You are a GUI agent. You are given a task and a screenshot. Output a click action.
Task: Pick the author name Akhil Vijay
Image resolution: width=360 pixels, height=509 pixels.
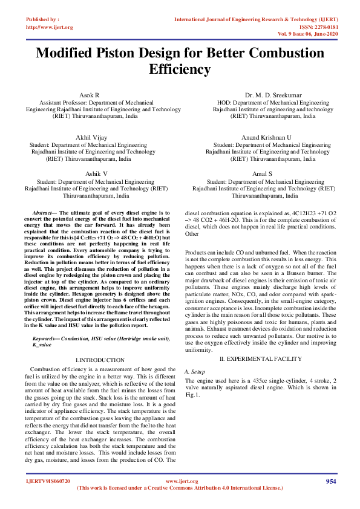coord(91,138)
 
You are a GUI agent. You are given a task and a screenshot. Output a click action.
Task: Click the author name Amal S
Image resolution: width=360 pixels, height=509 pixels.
coord(264,173)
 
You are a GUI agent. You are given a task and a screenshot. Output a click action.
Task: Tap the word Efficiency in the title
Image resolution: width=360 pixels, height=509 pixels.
coord(180,69)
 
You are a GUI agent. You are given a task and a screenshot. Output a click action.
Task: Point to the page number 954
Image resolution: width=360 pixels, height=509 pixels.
coord(331,481)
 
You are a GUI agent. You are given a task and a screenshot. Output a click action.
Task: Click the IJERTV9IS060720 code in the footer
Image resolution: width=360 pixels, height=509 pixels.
coord(48,481)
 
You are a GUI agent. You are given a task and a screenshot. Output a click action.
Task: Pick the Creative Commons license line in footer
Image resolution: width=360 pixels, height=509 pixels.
coord(180,487)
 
